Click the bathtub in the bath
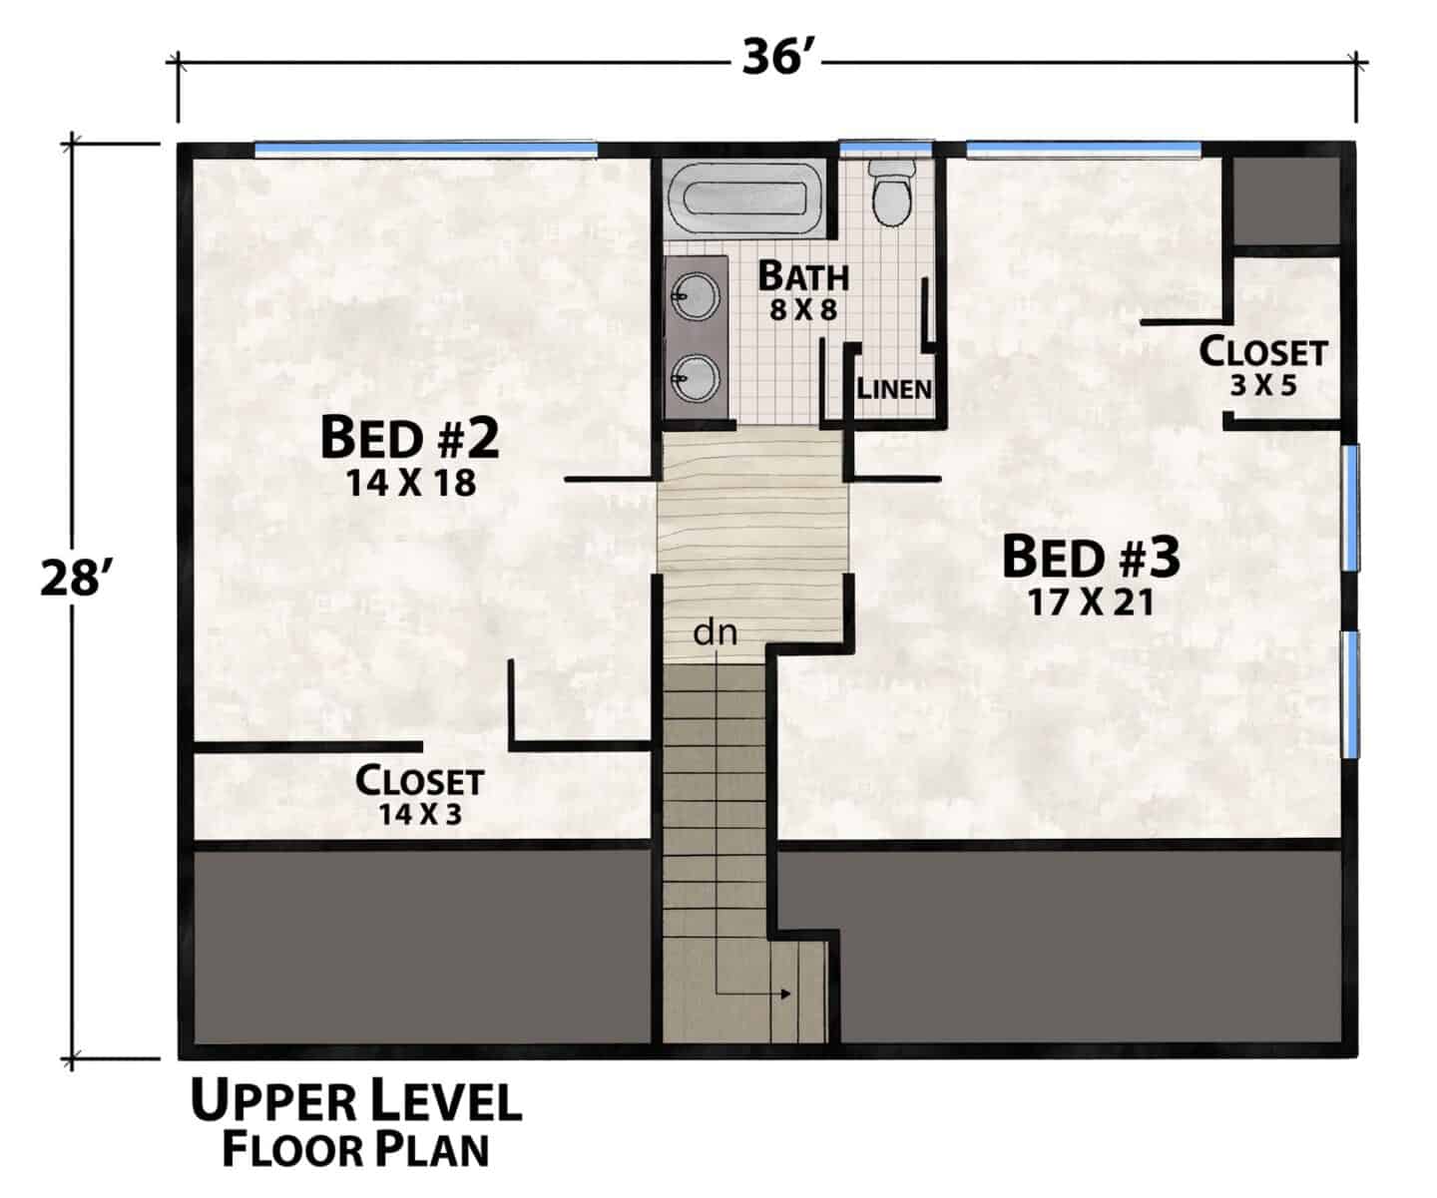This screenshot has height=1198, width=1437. pos(744,199)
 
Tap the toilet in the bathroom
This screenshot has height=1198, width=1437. pos(891,195)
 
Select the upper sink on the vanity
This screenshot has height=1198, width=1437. pos(696,296)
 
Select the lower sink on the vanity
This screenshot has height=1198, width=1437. pos(696,377)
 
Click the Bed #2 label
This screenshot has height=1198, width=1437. pos(409,438)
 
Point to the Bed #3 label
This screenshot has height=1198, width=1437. pos(1091,558)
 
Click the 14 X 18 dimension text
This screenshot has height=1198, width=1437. pos(410,483)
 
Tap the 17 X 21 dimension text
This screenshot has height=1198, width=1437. pos(1091,602)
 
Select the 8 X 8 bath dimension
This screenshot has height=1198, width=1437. pos(803,310)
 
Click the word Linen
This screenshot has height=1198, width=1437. pos(894,389)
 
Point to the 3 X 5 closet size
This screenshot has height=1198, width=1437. pos(1263,385)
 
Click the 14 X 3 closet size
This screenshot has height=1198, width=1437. pos(420,815)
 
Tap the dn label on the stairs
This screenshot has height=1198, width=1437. pos(716,632)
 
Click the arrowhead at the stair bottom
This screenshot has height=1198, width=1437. pos(786,994)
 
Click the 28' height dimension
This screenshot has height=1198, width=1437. pos(72,578)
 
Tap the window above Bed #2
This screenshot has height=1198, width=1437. pos(426,149)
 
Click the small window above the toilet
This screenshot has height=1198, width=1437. pos(886,148)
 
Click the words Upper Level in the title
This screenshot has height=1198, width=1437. pos(356,1101)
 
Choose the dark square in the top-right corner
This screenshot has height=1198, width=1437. pos(1285,200)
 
